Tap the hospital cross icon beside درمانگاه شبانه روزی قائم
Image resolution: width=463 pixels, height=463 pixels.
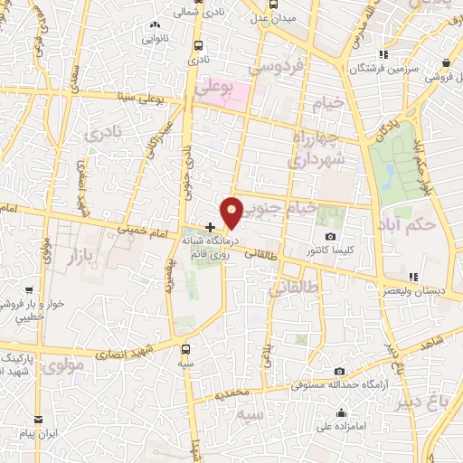coord(211,227)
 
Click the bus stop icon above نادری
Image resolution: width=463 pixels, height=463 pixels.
coord(198,43)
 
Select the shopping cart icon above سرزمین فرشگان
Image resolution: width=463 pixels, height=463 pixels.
coord(383,53)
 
